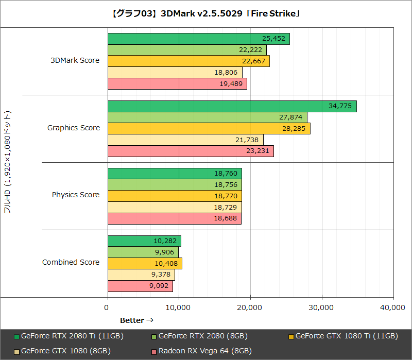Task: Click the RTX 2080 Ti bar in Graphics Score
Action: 232,106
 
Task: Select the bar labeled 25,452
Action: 198,39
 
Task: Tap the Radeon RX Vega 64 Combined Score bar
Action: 140,286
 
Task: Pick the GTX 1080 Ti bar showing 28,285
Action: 209,129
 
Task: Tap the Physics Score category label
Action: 76,195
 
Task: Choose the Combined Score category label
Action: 71,262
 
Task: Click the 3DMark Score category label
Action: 75,60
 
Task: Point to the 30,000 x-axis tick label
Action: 322,307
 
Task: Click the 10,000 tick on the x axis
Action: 179,307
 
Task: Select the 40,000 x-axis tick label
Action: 393,307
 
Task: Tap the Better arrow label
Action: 137,320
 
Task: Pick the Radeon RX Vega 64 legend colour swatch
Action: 153,351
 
